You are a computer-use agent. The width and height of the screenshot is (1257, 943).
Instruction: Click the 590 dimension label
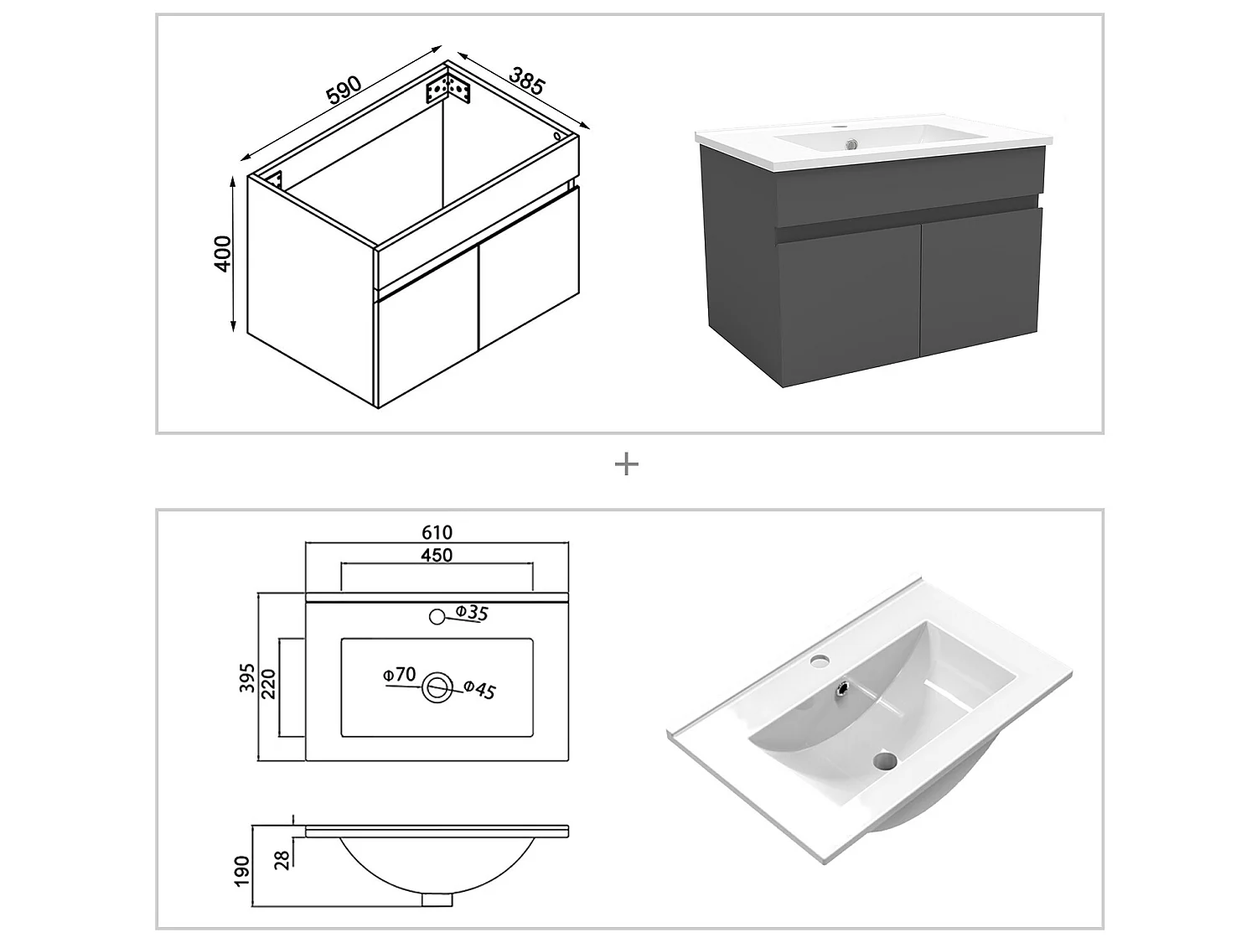coord(344,90)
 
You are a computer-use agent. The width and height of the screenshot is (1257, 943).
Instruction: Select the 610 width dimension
coord(437,532)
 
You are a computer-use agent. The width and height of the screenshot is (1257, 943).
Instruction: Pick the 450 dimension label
coord(437,555)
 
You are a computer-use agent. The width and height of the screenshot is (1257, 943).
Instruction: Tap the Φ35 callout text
coord(472,613)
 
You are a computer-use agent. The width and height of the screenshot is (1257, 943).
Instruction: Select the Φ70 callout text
coord(399,674)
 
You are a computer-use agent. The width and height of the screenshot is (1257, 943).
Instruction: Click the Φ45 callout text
coord(480,689)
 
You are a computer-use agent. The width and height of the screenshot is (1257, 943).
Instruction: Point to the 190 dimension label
coord(243,872)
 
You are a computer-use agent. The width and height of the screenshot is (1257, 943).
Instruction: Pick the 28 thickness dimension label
coord(282,859)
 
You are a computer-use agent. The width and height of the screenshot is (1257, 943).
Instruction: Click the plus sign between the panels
coord(627,464)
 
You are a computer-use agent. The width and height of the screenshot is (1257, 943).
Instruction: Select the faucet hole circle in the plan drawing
coord(436,617)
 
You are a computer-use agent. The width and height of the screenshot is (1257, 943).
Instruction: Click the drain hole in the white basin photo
coord(883,761)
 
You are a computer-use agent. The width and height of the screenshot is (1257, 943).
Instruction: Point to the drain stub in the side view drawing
coord(436,899)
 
